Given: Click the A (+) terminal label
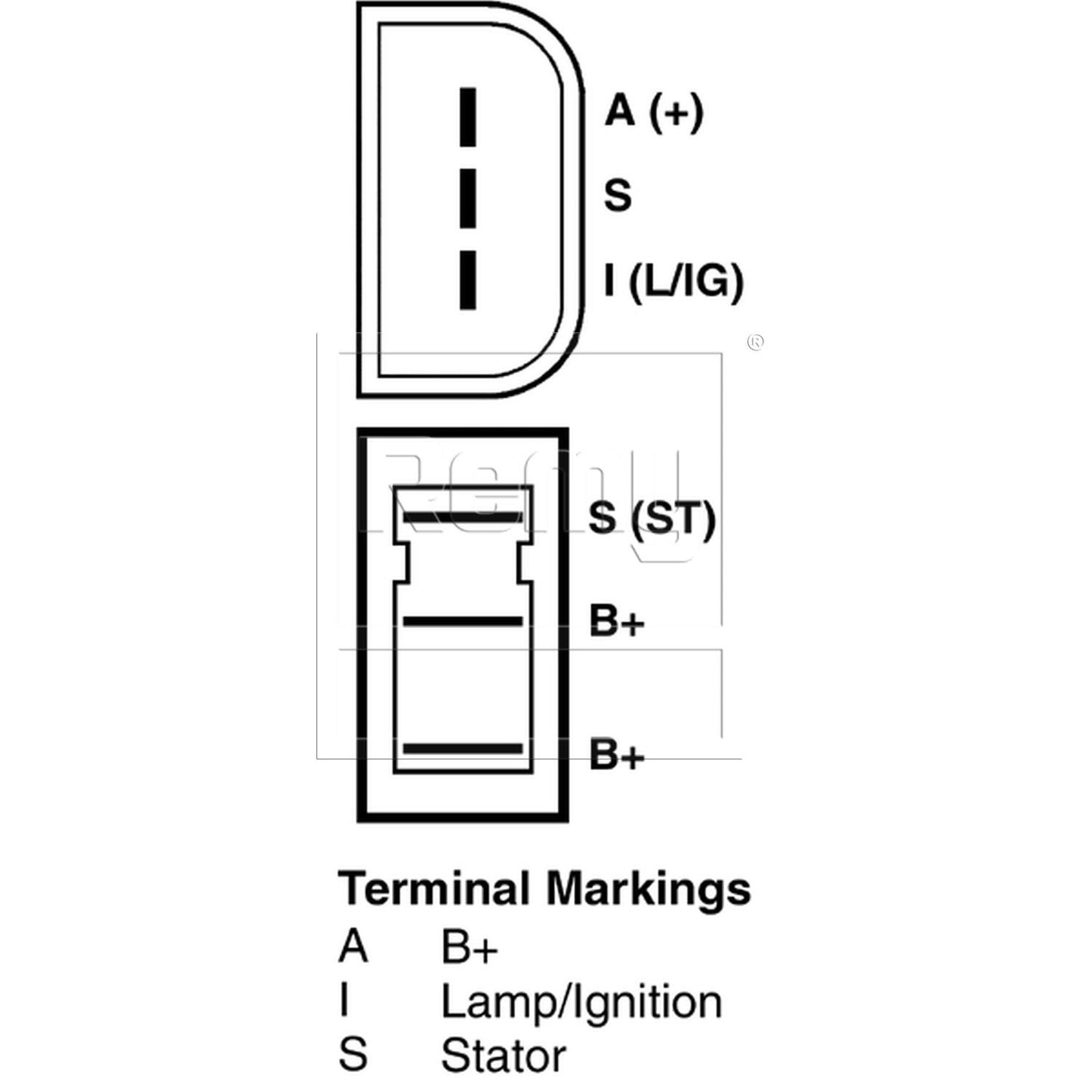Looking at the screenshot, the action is pyautogui.click(x=654, y=112).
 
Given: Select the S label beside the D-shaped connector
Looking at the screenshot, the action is pyautogui.click(x=617, y=196).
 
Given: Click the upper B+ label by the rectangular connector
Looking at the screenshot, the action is pyautogui.click(x=617, y=621).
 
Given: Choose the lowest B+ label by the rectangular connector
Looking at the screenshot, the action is pyautogui.click(x=617, y=754).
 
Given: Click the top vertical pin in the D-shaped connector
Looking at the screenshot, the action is pyautogui.click(x=467, y=117).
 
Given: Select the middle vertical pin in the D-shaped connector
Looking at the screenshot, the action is pyautogui.click(x=467, y=199).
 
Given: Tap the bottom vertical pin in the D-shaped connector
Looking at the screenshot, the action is pyautogui.click(x=467, y=280).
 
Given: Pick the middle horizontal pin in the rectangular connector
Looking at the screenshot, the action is pyautogui.click(x=463, y=621).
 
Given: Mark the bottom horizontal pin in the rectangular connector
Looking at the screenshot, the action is pyautogui.click(x=463, y=749).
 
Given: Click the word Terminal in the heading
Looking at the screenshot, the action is pyautogui.click(x=433, y=889).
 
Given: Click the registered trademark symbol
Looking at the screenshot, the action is pyautogui.click(x=755, y=342).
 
